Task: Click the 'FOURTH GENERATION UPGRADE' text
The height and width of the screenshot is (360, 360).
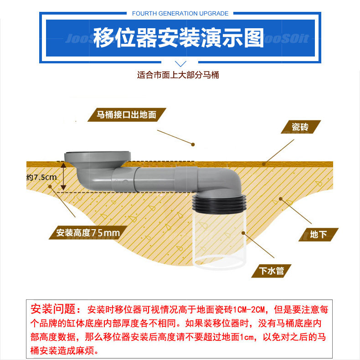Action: [180, 14]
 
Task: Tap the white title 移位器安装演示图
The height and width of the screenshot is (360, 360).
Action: [179, 38]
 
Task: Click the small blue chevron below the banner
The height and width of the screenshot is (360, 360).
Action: [180, 64]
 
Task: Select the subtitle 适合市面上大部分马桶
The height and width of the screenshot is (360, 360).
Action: [178, 75]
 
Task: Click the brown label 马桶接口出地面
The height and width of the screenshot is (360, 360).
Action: [127, 114]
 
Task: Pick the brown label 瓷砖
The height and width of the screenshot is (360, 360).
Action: [301, 127]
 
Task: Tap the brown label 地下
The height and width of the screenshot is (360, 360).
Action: [318, 234]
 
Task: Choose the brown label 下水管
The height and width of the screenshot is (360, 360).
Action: [272, 271]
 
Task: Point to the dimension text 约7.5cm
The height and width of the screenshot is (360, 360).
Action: [41, 177]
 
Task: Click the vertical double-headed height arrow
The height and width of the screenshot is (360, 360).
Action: [63, 176]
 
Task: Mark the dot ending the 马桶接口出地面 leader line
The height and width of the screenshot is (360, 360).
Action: [193, 144]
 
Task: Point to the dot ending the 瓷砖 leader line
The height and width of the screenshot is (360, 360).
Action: [264, 164]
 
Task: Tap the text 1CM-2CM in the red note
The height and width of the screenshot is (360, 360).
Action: [249, 309]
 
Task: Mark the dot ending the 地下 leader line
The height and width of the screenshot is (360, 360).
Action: [281, 199]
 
